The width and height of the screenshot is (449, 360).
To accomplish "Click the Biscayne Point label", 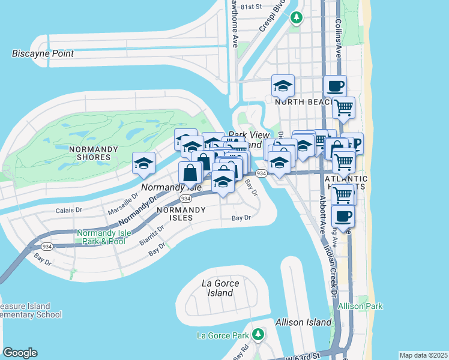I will [x=43, y=53].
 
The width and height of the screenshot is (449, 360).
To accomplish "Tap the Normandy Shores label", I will [x=89, y=153].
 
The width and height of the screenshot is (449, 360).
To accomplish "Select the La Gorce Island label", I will [x=220, y=288].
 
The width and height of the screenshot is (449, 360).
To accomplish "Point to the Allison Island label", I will [x=304, y=322].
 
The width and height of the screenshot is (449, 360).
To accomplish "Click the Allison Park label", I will [x=360, y=306].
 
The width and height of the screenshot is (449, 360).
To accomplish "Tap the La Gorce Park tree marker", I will [x=258, y=334].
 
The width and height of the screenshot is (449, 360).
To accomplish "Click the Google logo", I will [x=20, y=353].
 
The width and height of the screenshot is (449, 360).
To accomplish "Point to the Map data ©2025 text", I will [x=423, y=355].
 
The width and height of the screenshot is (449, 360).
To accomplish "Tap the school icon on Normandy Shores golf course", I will [x=144, y=163].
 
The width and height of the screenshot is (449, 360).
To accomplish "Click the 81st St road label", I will [x=252, y=7].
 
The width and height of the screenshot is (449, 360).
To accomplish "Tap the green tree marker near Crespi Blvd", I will [x=295, y=18].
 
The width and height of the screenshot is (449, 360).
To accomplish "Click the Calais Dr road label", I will [x=68, y=210].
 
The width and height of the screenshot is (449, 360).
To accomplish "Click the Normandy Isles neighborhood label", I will [x=175, y=214].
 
